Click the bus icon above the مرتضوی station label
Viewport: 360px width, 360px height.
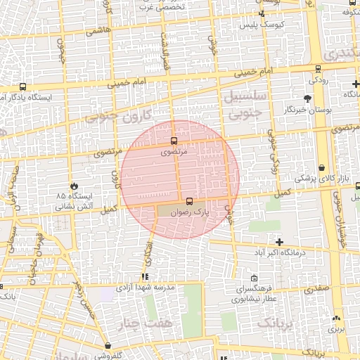coord(174,141)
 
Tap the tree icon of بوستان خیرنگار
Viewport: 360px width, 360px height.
coord(307,99)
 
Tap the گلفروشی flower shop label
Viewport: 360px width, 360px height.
coord(108,355)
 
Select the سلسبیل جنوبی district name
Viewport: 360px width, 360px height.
coord(244,102)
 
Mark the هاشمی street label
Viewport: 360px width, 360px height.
coord(95,32)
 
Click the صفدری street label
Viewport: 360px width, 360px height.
coord(317,288)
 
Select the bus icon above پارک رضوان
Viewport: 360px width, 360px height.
coord(188,201)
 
